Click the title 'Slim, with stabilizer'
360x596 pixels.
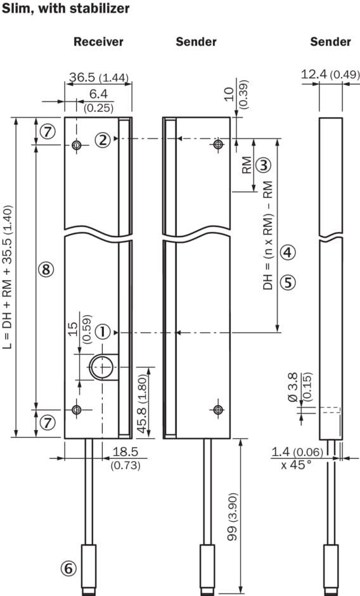65,8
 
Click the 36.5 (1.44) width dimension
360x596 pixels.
99,77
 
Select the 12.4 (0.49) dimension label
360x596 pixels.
330,75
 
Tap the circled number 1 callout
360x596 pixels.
103,332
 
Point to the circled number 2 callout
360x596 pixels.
103,140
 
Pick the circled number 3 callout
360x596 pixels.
264,165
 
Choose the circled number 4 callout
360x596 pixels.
288,252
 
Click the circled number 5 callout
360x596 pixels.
288,282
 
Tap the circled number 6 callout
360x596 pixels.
68,569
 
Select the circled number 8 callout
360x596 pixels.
46,269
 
